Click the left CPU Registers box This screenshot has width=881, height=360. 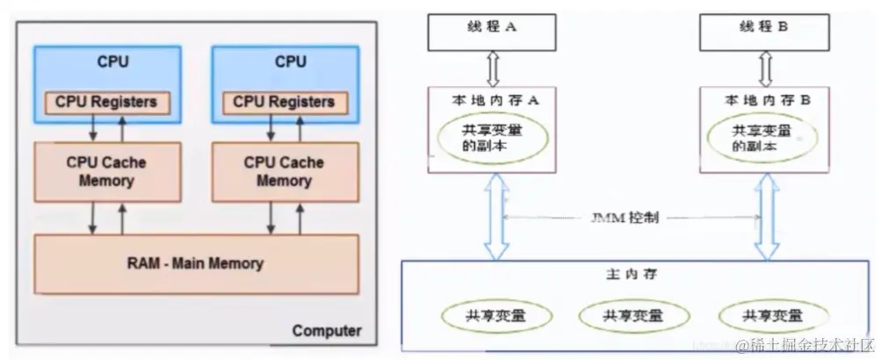tap(105, 101)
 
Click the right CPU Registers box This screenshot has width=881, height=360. tap(283, 101)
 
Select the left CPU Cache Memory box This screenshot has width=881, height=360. tap(105, 172)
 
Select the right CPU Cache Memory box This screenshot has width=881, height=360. tap(283, 172)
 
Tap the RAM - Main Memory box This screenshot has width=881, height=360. tap(195, 263)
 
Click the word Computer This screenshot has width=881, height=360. tap(326, 331)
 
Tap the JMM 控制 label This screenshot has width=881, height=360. tap(628, 215)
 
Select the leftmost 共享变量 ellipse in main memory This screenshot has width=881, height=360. tap(498, 315)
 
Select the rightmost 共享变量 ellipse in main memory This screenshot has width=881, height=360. tap(773, 315)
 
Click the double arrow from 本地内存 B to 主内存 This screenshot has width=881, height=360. tap(767, 215)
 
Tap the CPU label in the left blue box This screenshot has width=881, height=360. tap(112, 61)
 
